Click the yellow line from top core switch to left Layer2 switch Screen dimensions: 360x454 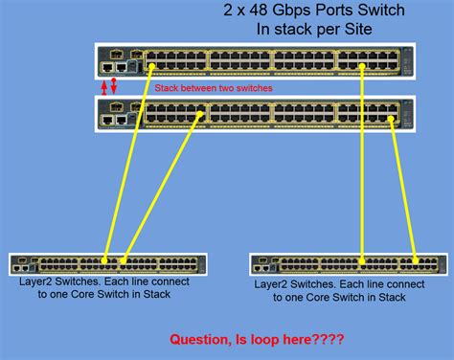point(126,163)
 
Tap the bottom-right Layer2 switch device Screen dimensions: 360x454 point(347,261)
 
